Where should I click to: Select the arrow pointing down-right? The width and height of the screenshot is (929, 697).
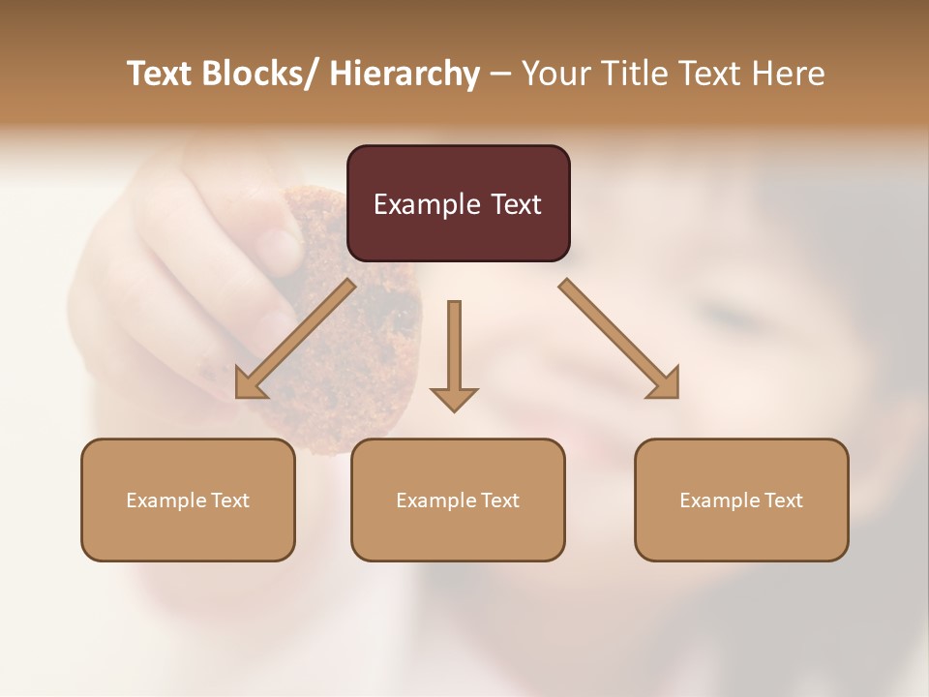(619, 339)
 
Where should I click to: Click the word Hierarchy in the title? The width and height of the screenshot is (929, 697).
(405, 74)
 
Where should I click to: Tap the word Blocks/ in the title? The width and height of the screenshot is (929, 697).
(255, 74)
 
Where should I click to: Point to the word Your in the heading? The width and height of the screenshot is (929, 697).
(555, 74)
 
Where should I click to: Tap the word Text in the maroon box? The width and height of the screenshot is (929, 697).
(515, 204)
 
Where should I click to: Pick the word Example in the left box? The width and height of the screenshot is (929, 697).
(166, 500)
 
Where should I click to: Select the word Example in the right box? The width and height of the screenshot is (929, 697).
(720, 500)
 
